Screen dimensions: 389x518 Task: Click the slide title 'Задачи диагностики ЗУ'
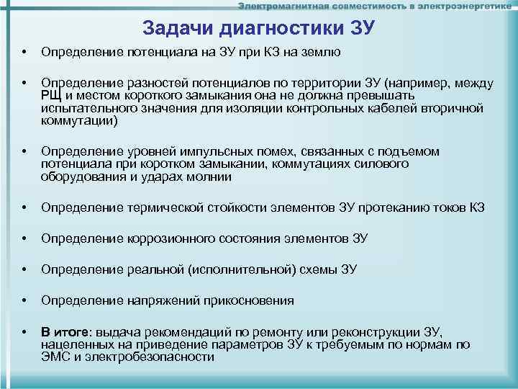[259, 28]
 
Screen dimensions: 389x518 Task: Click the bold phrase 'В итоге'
[65, 332]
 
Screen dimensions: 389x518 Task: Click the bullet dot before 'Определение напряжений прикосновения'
[25, 301]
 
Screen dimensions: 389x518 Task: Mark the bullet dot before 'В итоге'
[25, 332]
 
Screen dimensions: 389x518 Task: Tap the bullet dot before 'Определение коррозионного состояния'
[25, 239]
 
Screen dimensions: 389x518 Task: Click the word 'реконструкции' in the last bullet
[381, 332]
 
